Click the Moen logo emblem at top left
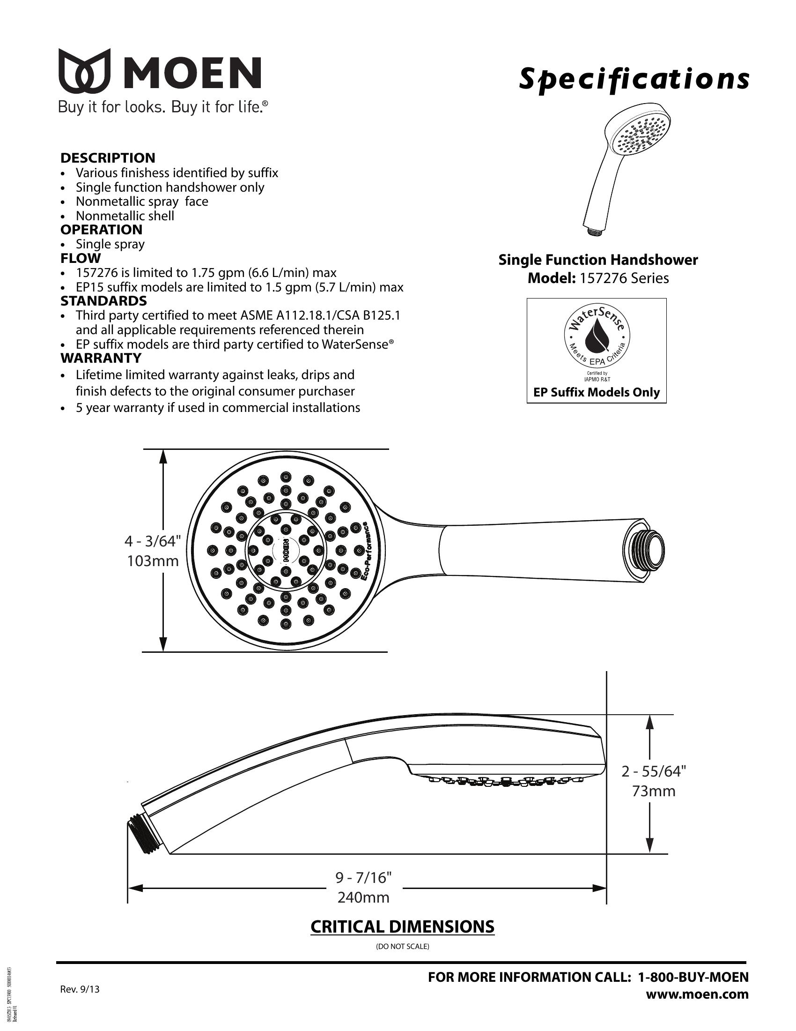(x=85, y=71)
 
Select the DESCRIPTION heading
(x=108, y=157)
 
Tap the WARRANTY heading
(x=101, y=358)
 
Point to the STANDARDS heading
(x=104, y=301)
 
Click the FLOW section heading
(x=81, y=258)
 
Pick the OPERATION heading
(x=102, y=230)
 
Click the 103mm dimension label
(x=153, y=561)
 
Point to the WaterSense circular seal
(x=597, y=337)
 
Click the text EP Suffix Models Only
(x=597, y=392)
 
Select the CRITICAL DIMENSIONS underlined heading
(x=402, y=926)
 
